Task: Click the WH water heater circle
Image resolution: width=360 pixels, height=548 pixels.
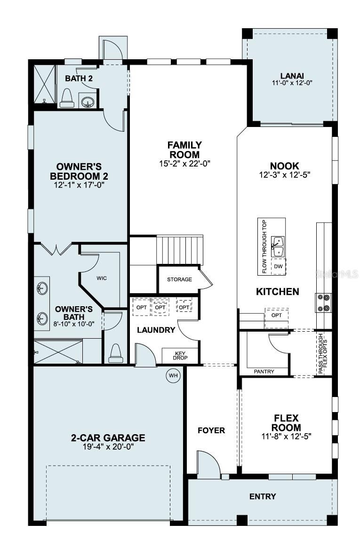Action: pyautogui.click(x=173, y=375)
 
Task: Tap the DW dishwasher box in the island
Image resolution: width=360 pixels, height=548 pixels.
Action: pyautogui.click(x=278, y=266)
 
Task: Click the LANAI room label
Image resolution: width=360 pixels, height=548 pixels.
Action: pyautogui.click(x=292, y=75)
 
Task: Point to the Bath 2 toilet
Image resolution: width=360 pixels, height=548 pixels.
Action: pyautogui.click(x=66, y=97)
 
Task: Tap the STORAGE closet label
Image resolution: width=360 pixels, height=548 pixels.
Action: pyautogui.click(x=179, y=279)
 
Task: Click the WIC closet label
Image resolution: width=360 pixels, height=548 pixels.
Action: pyautogui.click(x=102, y=278)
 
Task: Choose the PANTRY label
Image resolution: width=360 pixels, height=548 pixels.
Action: pyautogui.click(x=264, y=372)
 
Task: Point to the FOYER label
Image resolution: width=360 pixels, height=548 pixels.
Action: pyautogui.click(x=211, y=430)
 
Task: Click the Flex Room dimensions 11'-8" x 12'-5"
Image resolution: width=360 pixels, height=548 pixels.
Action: pyautogui.click(x=287, y=436)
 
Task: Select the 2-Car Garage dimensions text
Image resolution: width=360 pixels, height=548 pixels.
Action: pyautogui.click(x=108, y=446)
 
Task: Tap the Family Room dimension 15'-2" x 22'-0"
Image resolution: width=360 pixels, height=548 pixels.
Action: pyautogui.click(x=184, y=164)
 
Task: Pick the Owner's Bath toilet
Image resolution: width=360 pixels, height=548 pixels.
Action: pyautogui.click(x=115, y=353)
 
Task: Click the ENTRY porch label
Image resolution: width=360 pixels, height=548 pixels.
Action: pyautogui.click(x=263, y=496)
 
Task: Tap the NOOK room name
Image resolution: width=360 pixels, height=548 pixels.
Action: pyautogui.click(x=284, y=166)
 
